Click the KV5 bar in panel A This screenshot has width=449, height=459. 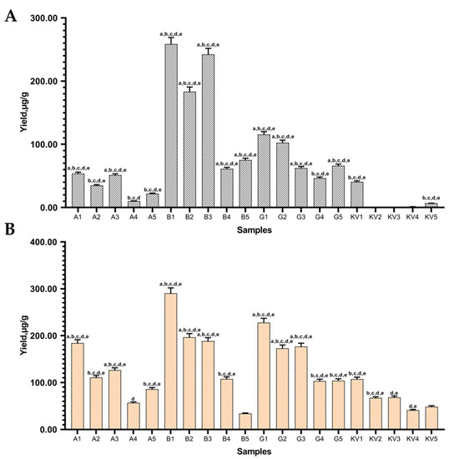coord(431,205)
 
